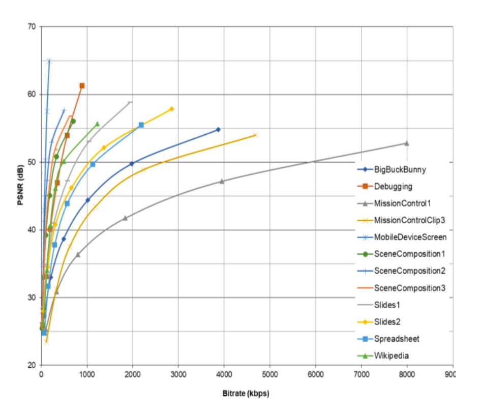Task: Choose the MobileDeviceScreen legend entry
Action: click(x=410, y=237)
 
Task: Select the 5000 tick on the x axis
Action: click(x=270, y=374)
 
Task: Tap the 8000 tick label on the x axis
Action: click(x=407, y=374)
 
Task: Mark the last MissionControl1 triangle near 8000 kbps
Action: click(x=406, y=143)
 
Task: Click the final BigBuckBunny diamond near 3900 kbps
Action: click(x=218, y=129)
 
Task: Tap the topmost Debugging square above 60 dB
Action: click(x=82, y=85)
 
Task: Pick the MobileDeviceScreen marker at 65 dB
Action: click(x=49, y=61)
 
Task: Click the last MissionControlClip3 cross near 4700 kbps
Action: click(x=255, y=135)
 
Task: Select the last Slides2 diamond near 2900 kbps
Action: click(x=171, y=109)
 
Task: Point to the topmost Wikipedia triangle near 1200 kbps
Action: click(x=97, y=124)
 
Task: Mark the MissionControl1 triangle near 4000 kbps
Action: click(x=221, y=181)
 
